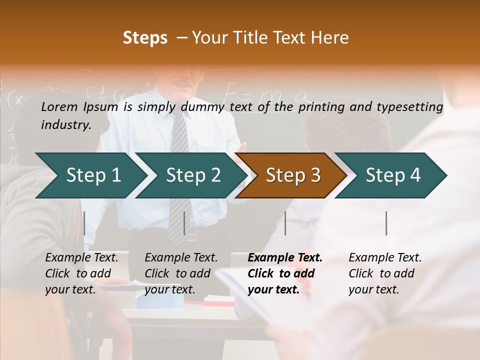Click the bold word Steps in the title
pyautogui.click(x=145, y=38)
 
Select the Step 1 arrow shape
pyautogui.click(x=93, y=175)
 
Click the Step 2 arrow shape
pyautogui.click(x=193, y=175)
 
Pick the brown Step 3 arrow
pyautogui.click(x=293, y=175)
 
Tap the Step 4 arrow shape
pyautogui.click(x=393, y=175)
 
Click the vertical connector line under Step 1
pyautogui.click(x=84, y=223)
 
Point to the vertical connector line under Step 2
pyautogui.click(x=184, y=223)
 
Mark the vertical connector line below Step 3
pyautogui.click(x=285, y=223)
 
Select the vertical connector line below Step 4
pyautogui.click(x=386, y=223)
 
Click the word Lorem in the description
pyautogui.click(x=59, y=106)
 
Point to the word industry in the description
pyautogui.click(x=65, y=124)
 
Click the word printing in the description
pyautogui.click(x=320, y=106)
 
